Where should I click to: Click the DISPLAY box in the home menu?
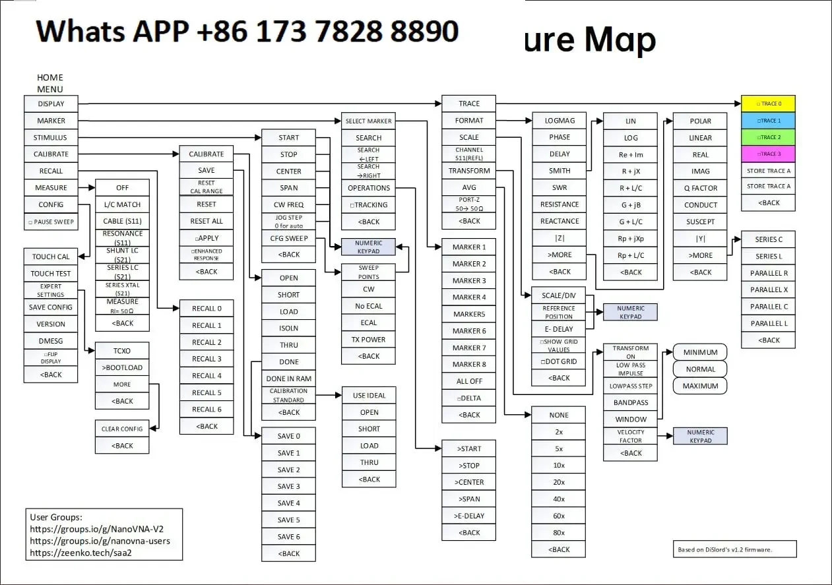point(51,104)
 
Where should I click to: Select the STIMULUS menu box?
point(51,138)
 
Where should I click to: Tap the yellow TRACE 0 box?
point(769,104)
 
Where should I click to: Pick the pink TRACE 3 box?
point(769,154)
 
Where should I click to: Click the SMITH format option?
point(559,171)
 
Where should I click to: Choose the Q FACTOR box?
point(700,188)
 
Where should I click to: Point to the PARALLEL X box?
point(769,290)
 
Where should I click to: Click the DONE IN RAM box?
point(288,379)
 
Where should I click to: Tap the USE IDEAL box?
point(369,396)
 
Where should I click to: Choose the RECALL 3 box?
point(207,359)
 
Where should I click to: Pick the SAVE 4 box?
point(288,503)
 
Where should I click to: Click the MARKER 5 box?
point(469,314)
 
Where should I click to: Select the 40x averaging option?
point(558,499)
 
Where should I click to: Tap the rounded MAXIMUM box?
point(700,386)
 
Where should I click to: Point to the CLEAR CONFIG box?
point(122,429)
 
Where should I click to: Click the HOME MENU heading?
point(50,83)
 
